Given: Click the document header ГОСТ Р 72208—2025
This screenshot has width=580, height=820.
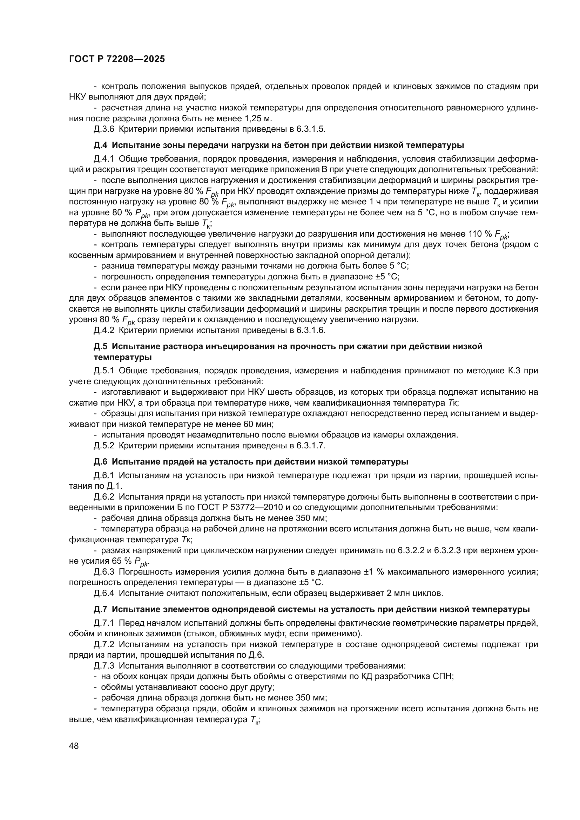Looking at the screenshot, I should [117, 59].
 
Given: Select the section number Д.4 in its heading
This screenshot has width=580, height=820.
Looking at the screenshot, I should [100, 145].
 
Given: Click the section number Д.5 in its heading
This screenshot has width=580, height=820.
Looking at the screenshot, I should [100, 346].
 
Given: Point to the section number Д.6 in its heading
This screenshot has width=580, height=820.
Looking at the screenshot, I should [100, 462].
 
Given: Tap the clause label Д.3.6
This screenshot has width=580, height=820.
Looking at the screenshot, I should [104, 129].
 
